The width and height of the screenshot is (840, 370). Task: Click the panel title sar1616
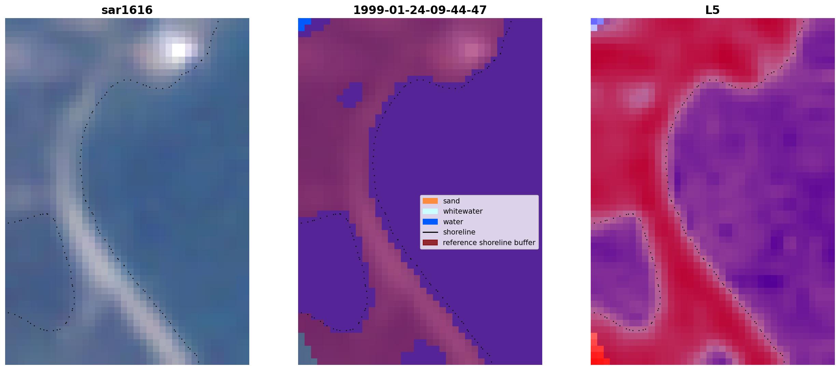(127, 10)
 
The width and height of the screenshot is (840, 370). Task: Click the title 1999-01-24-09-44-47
(420, 10)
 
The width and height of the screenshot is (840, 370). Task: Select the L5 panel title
(713, 10)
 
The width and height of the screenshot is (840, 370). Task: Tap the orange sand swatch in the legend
(430, 201)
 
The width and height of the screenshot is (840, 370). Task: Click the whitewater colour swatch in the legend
(430, 211)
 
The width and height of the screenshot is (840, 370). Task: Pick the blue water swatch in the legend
(430, 222)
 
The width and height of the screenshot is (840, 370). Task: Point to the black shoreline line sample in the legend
(430, 232)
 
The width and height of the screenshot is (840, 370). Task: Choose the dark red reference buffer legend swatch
(430, 243)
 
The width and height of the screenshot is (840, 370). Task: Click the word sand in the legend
(451, 201)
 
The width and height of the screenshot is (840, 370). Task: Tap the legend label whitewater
(463, 211)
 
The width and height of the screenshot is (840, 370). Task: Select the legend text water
(453, 222)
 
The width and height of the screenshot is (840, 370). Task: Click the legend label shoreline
(459, 232)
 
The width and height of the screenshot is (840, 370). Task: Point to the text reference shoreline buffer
(489, 243)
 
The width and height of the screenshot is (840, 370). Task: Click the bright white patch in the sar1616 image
(179, 50)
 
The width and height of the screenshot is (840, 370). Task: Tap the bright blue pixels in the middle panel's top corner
(304, 24)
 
